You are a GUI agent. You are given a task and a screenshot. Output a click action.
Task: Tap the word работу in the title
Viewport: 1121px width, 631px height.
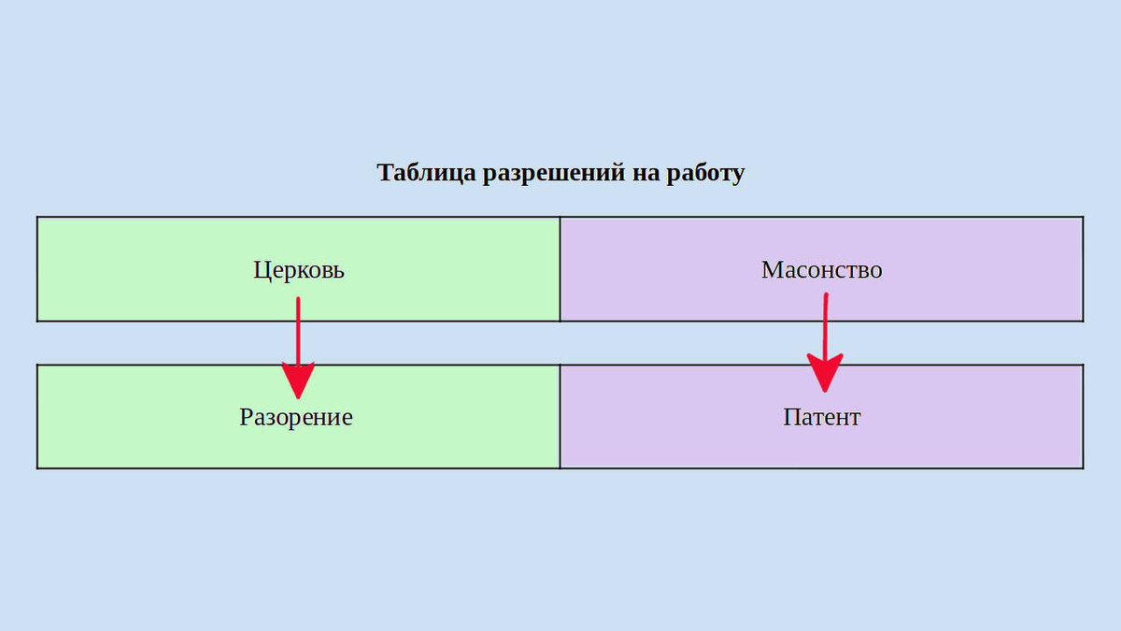point(706,174)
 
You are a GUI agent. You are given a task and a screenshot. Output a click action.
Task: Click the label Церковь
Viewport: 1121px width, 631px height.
point(299,270)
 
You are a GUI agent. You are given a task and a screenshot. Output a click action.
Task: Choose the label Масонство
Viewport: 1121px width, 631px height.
point(822,270)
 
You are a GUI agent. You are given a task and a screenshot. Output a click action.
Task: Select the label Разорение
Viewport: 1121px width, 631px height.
point(296,417)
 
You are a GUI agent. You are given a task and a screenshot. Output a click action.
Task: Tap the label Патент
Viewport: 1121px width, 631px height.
point(822,417)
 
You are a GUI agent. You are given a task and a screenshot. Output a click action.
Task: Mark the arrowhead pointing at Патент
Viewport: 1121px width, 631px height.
point(825,373)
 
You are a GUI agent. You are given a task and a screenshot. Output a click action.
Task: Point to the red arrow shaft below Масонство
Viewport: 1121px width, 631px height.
point(825,323)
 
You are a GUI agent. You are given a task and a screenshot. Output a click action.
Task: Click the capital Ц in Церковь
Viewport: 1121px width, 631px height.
point(262,270)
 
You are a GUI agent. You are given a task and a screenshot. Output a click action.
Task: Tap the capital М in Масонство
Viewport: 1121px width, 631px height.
point(772,270)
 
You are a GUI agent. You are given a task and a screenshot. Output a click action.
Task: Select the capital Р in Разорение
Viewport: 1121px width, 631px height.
point(247,417)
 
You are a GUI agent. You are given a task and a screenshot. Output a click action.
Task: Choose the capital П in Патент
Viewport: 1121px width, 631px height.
point(791,417)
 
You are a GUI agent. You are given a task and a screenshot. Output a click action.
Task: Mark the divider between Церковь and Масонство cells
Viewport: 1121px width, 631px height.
point(560,269)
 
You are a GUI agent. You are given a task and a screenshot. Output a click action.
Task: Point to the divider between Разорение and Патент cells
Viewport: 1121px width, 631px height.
point(560,416)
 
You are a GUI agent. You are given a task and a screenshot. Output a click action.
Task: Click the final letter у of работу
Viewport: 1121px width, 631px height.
point(738,176)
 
